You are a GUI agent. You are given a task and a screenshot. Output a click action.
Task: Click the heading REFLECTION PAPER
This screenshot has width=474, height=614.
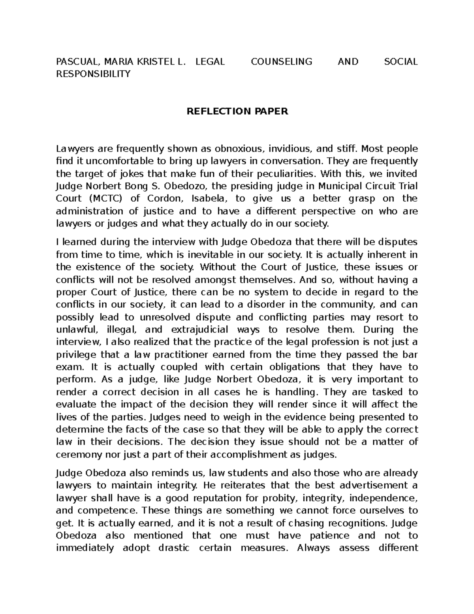tap(237, 111)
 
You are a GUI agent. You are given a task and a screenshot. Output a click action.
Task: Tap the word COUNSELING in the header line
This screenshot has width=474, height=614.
tap(281, 62)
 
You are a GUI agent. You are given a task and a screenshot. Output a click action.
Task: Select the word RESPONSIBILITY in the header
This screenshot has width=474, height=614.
tap(93, 74)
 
